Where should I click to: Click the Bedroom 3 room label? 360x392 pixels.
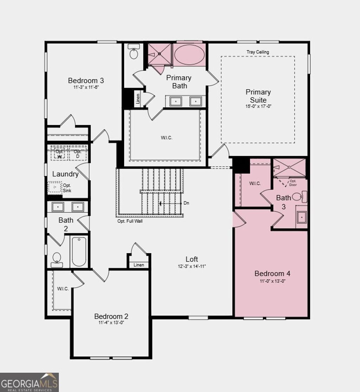(x=86, y=80)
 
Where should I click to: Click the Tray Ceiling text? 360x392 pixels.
(x=258, y=52)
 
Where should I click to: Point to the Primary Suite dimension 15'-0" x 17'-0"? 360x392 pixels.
(x=258, y=106)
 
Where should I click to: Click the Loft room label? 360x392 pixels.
(x=192, y=259)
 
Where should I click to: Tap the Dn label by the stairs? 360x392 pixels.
(x=186, y=203)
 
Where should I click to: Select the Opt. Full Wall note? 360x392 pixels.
(x=130, y=221)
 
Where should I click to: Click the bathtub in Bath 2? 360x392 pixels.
(x=79, y=252)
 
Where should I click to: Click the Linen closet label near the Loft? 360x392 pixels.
(x=139, y=265)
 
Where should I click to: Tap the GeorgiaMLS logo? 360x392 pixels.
(x=29, y=382)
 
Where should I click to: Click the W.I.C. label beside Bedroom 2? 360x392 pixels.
(x=63, y=289)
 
